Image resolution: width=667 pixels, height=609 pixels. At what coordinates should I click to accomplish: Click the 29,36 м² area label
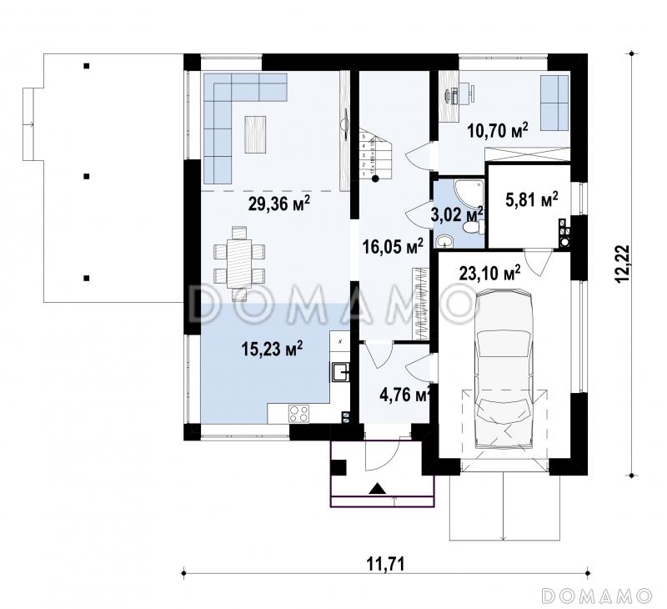click(x=278, y=204)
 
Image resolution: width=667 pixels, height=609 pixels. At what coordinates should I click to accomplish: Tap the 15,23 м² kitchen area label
click(x=272, y=349)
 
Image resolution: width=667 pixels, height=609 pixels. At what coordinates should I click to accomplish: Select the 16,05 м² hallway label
click(x=393, y=246)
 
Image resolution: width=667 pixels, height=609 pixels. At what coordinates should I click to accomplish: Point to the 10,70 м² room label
click(x=498, y=130)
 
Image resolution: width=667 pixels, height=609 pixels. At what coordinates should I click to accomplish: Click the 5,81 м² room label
click(x=532, y=199)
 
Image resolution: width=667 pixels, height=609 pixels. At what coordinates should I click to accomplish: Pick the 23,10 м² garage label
click(x=489, y=272)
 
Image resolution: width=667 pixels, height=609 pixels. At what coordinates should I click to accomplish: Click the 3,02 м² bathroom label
click(x=456, y=214)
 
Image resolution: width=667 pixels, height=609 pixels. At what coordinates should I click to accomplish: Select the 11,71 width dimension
click(x=385, y=564)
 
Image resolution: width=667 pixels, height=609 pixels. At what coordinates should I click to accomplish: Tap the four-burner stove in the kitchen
click(x=299, y=414)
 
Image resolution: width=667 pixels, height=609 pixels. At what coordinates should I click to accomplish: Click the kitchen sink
click(x=340, y=372)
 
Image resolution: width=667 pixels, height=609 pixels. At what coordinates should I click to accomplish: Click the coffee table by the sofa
click(x=255, y=134)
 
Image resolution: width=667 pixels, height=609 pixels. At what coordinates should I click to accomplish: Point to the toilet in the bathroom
click(x=474, y=226)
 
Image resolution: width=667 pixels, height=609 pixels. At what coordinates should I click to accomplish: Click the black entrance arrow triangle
click(x=378, y=489)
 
